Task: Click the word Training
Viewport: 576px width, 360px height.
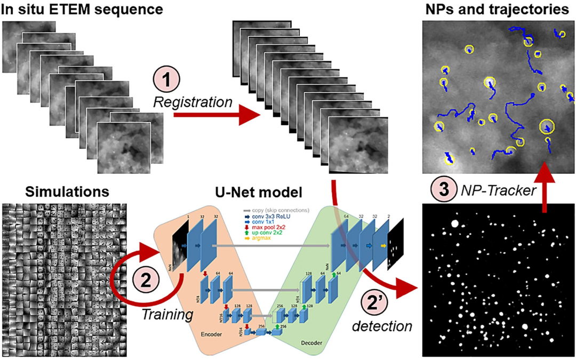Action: tap(167, 315)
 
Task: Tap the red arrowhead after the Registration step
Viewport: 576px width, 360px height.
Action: tap(248, 115)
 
